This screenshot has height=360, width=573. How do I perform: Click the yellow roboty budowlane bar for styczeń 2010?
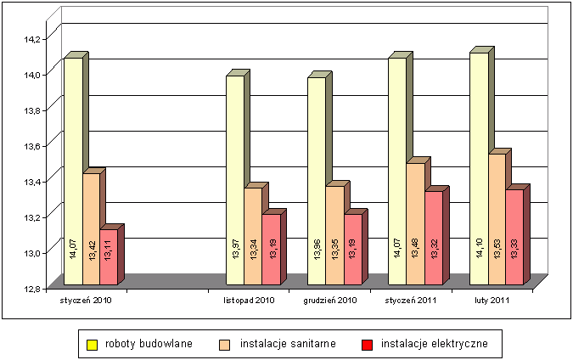[73, 170]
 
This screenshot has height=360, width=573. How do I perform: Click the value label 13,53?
[497, 251]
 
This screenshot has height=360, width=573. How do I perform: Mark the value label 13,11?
[109, 251]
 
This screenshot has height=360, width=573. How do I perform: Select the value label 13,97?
[235, 251]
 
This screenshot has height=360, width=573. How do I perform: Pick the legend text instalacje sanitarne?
[288, 344]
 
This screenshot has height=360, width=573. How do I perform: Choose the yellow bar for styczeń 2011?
[396, 170]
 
